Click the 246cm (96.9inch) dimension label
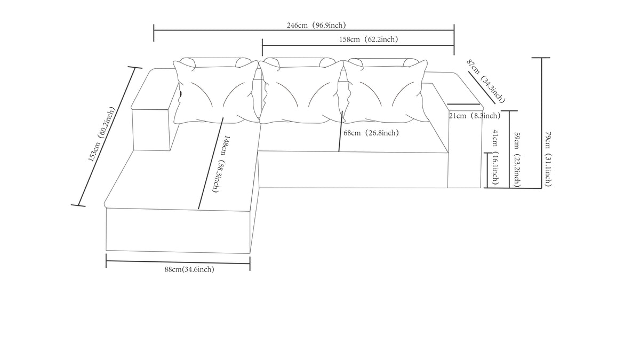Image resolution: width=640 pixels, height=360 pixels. point(316,26)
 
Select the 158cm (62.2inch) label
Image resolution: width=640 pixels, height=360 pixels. point(369,39)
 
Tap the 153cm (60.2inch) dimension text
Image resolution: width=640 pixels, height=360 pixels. point(102,134)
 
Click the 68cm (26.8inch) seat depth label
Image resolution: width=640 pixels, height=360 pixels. point(371,133)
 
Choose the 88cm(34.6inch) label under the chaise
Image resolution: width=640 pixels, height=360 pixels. point(189,269)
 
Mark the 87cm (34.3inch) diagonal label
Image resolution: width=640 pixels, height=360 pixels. point(486,81)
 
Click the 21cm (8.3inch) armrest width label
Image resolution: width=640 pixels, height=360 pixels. point(475,116)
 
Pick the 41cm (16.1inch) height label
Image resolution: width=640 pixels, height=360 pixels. point(495,157)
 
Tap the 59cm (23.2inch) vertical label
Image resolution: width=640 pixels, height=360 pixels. point(517,159)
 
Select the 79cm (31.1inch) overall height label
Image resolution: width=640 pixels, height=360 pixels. point(548,159)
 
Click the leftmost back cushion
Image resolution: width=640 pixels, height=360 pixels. point(215,92)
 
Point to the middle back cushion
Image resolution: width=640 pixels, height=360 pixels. point(301,92)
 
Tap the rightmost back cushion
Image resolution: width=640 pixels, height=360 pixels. point(386,91)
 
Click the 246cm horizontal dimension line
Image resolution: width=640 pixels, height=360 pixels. point(304,30)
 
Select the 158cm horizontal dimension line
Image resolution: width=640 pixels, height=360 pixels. point(358,45)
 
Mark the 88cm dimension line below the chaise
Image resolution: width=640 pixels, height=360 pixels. point(178,262)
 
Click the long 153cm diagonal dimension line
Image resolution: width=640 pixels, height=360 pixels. point(107,137)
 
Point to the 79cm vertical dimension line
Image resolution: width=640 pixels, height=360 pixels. point(541,123)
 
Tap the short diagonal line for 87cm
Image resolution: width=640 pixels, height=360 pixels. point(482,87)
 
